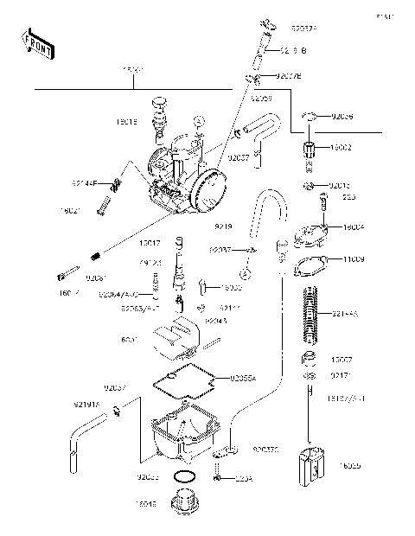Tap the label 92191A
click(86, 404)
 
